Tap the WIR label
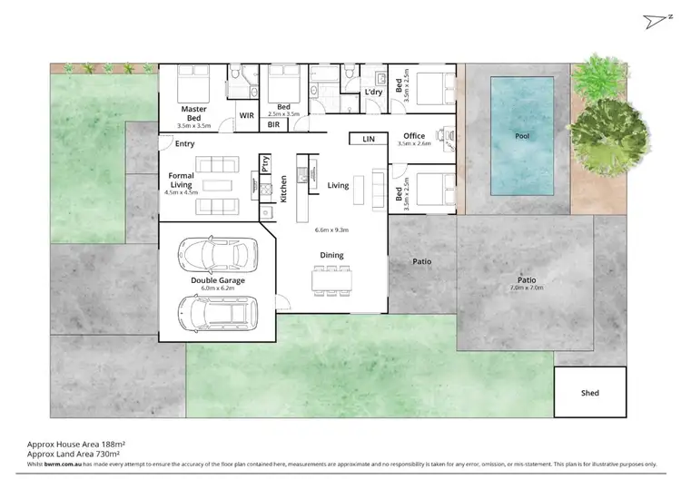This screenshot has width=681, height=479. [245, 115]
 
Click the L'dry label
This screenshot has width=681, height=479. [372, 93]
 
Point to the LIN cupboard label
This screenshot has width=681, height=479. [368, 139]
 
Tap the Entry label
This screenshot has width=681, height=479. [184, 143]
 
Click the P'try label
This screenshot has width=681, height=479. [265, 164]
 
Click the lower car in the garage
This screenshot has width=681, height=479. [216, 313]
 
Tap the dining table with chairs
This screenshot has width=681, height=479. [331, 279]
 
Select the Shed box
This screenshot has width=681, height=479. [590, 392]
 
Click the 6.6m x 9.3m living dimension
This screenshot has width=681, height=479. [331, 230]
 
